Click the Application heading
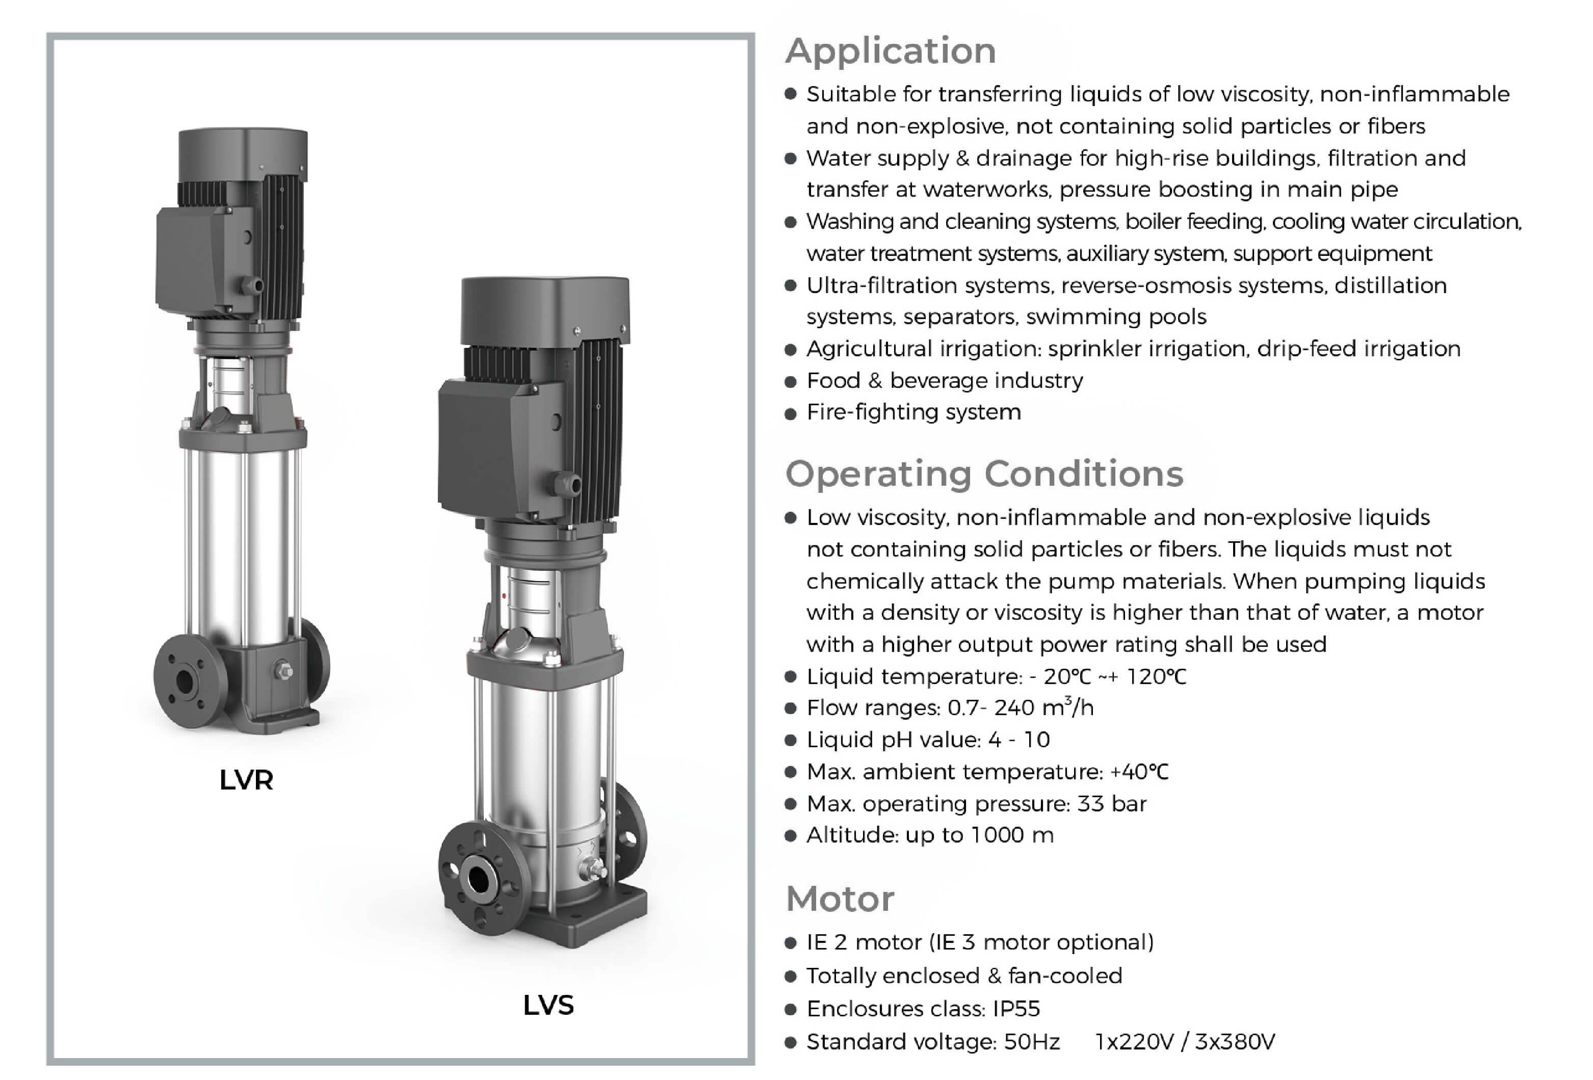point(891,50)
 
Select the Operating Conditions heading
point(984,473)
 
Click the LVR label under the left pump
point(246,780)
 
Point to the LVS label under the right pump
point(549,1005)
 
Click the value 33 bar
point(1111,803)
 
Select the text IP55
point(1016,1009)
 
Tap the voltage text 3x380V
point(1235,1042)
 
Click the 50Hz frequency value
point(1032,1042)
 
